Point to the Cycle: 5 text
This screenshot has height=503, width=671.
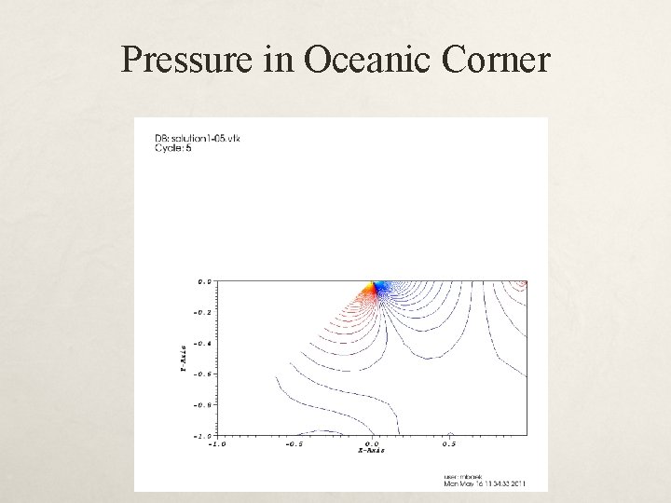(x=174, y=149)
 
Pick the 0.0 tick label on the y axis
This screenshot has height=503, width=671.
(x=203, y=280)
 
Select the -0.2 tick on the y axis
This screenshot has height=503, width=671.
(x=201, y=312)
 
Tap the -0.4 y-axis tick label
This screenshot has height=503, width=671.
(x=201, y=343)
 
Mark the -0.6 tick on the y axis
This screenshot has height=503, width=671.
(x=201, y=374)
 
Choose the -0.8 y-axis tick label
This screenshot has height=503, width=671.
(x=201, y=404)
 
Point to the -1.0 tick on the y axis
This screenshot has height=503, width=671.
(x=201, y=435)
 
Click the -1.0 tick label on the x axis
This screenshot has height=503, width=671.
(x=216, y=443)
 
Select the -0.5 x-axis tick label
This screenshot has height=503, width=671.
(x=294, y=443)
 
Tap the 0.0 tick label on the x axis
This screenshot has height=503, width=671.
(x=372, y=443)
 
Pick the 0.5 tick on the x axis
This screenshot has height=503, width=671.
(x=450, y=443)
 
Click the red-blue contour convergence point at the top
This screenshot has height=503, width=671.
(x=375, y=285)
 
